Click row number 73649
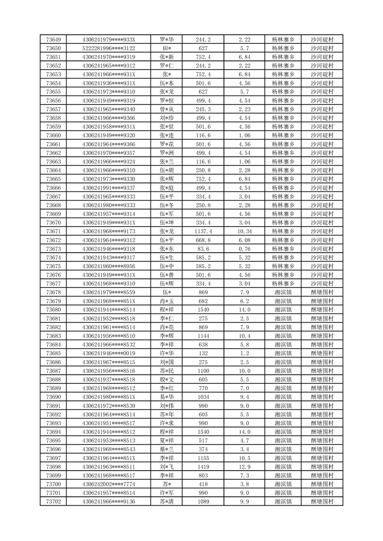click(x=53, y=40)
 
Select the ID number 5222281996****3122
click(x=109, y=48)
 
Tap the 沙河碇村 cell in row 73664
click(x=322, y=170)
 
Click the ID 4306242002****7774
click(x=109, y=484)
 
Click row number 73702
click(x=53, y=502)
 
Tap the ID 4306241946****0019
click(x=109, y=353)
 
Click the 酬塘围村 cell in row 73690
click(x=322, y=397)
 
